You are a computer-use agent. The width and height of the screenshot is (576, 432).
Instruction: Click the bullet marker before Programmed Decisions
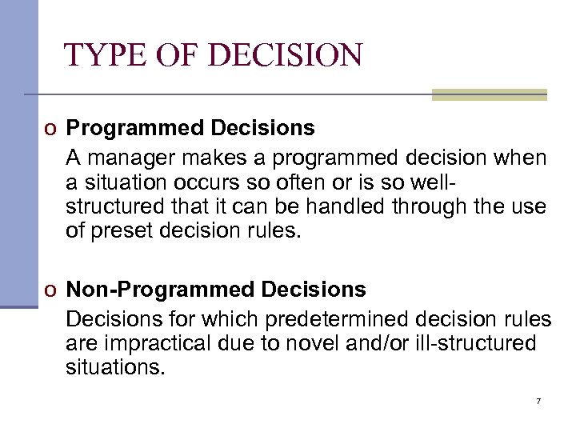[x=50, y=129]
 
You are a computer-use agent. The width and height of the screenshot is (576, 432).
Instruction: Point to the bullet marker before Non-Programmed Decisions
[x=50, y=289]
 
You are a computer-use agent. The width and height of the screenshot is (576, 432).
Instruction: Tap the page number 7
[x=538, y=400]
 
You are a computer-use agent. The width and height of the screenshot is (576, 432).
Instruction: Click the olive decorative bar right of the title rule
[x=489, y=94]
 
